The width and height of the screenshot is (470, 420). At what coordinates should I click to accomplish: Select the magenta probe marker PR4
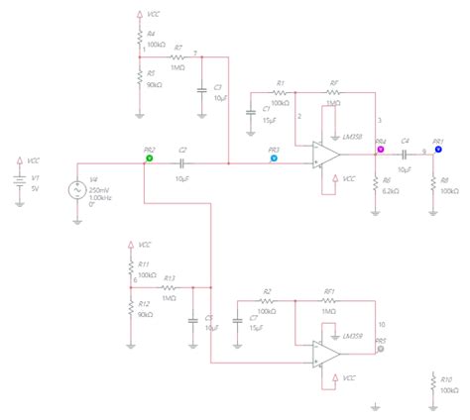pos(380,153)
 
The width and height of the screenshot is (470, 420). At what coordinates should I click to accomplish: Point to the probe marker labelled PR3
pos(275,157)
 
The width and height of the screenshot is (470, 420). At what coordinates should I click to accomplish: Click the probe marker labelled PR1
pos(438,152)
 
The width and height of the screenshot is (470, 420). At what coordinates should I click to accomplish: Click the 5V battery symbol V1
pos(18,180)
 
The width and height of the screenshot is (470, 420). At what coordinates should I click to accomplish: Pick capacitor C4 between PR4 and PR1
pos(405,152)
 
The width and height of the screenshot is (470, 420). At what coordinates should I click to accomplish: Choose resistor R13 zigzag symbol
pos(169,287)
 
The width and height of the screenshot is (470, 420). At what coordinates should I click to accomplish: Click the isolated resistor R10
pos(434,384)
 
